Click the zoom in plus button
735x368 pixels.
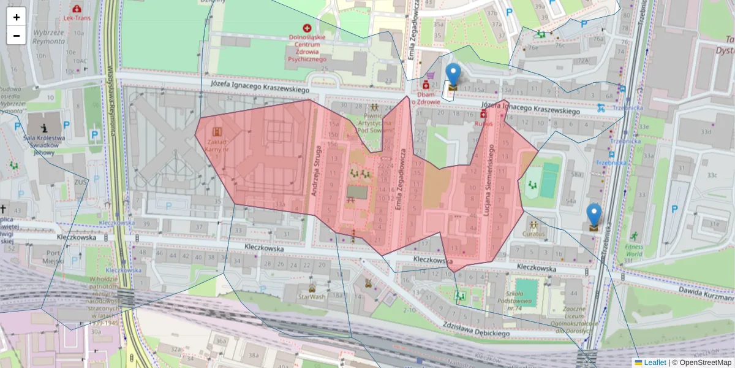pyautogui.click(x=17, y=17)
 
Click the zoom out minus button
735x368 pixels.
pyautogui.click(x=17, y=36)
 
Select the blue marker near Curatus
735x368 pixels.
pyautogui.click(x=593, y=216)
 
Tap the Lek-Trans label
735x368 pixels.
pyautogui.click(x=77, y=18)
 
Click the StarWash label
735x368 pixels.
pyautogui.click(x=311, y=296)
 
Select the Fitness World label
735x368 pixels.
pyautogui.click(x=634, y=249)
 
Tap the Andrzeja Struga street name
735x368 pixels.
pyautogui.click(x=316, y=171)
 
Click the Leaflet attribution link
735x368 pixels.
pyautogui.click(x=654, y=362)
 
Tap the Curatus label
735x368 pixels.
pyautogui.click(x=533, y=234)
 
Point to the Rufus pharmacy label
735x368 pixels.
pyautogui.click(x=483, y=123)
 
